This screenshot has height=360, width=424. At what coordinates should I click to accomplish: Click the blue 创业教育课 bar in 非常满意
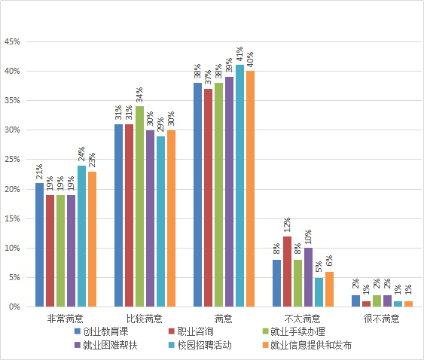click(39, 245)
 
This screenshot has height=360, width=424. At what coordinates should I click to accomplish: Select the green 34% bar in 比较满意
click(139, 206)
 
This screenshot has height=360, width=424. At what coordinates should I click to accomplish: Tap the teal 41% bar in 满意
click(239, 186)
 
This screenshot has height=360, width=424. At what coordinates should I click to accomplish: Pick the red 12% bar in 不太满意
click(288, 272)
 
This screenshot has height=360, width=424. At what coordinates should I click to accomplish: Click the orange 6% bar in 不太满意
click(329, 289)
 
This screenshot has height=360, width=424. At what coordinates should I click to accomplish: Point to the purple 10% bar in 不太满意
click(308, 277)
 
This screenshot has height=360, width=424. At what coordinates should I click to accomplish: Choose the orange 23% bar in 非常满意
click(92, 239)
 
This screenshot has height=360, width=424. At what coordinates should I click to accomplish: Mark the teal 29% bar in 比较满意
click(160, 221)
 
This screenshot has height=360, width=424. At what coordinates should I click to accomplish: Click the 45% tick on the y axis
click(12, 41)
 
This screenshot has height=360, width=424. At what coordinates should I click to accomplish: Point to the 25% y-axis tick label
click(12, 160)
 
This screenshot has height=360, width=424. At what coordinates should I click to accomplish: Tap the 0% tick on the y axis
click(14, 307)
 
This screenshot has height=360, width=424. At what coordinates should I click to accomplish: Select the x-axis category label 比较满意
click(145, 319)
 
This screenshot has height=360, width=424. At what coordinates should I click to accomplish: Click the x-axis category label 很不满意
click(381, 319)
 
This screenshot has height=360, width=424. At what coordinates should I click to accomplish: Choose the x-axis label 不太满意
click(302, 319)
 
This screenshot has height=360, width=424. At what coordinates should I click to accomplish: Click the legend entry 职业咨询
click(191, 331)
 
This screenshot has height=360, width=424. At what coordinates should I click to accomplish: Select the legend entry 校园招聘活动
click(200, 345)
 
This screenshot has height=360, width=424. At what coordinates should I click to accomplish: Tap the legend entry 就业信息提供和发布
click(307, 345)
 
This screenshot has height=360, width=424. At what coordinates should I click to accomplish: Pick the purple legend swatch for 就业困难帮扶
click(78, 345)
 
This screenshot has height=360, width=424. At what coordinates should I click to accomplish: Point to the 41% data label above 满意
click(239, 53)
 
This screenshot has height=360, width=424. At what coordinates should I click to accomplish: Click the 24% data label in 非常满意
click(81, 154)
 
